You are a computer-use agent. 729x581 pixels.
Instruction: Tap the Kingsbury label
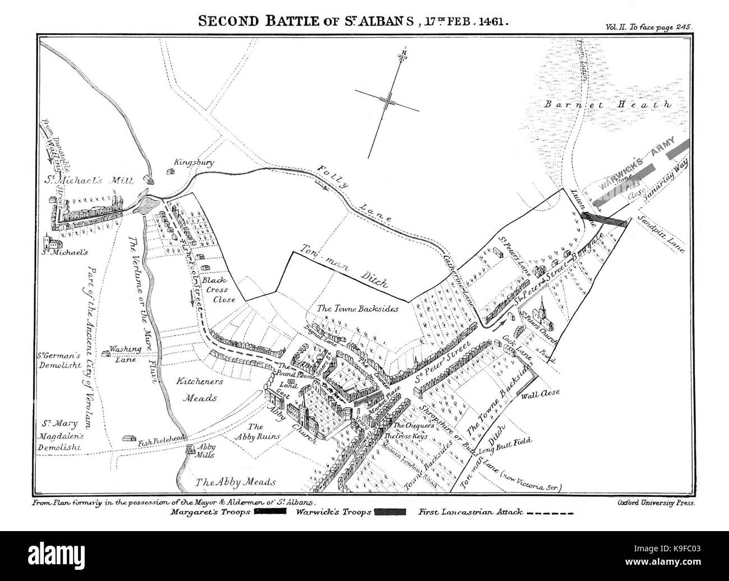pyautogui.click(x=194, y=163)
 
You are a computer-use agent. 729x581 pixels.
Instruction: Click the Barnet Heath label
pyautogui.click(x=615, y=104)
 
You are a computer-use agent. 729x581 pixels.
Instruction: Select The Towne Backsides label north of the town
pyautogui.click(x=357, y=308)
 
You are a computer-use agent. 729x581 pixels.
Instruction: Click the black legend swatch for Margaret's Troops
pyautogui.click(x=270, y=511)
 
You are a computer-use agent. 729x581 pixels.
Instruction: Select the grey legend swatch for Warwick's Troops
pyautogui.click(x=390, y=511)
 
